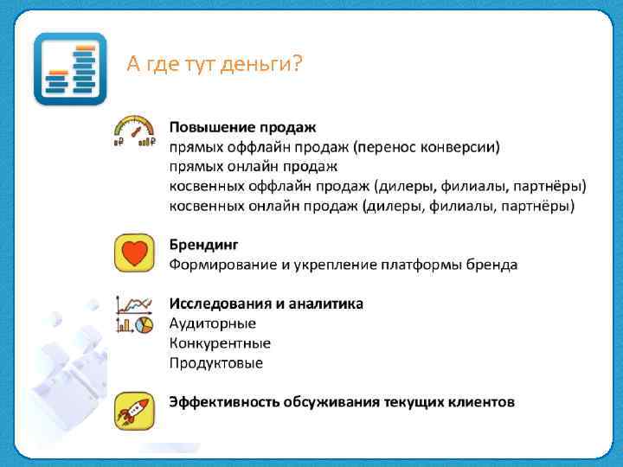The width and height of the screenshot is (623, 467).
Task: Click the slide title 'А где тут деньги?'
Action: coord(214,64)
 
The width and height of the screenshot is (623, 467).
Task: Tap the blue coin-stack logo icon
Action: coord(70,69)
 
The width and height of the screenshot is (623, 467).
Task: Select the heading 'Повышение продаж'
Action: coord(242,128)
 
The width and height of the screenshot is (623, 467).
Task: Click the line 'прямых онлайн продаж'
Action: coord(253,166)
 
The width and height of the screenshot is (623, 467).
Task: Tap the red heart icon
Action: coord(135,254)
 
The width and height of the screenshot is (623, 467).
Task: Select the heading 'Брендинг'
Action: coord(203,245)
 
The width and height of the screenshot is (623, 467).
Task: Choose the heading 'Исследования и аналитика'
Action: coord(266,304)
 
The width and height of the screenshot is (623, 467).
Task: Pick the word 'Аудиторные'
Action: coord(212,323)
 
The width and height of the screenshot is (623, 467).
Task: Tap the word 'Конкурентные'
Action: coord(220,343)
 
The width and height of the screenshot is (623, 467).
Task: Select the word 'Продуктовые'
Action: coord(215,363)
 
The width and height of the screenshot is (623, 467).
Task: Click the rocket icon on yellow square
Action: coord(135,410)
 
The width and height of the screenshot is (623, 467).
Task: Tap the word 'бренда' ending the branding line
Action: coord(493,264)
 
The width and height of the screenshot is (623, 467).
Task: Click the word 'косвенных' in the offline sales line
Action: coord(205,186)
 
